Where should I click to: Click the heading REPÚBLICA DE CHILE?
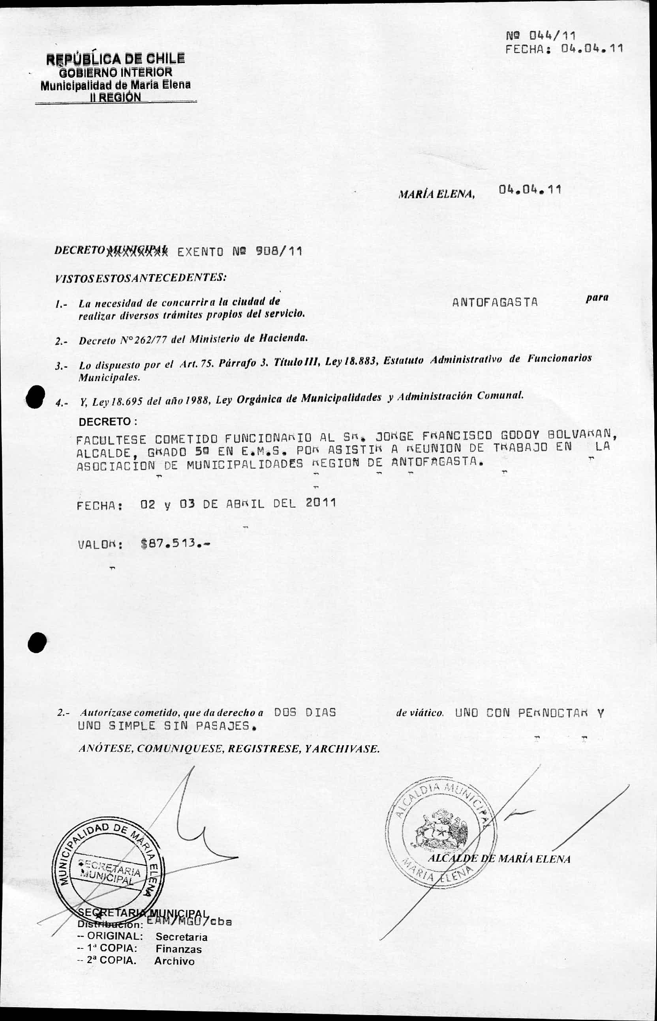point(116,58)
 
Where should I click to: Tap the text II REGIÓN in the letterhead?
point(115,97)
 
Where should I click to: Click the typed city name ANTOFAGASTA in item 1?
point(495,302)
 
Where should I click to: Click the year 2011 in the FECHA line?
point(321,503)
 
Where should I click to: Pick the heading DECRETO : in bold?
point(107,422)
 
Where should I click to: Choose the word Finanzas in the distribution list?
point(178,949)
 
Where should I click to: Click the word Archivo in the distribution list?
point(175,961)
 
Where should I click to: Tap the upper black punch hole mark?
point(35,397)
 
